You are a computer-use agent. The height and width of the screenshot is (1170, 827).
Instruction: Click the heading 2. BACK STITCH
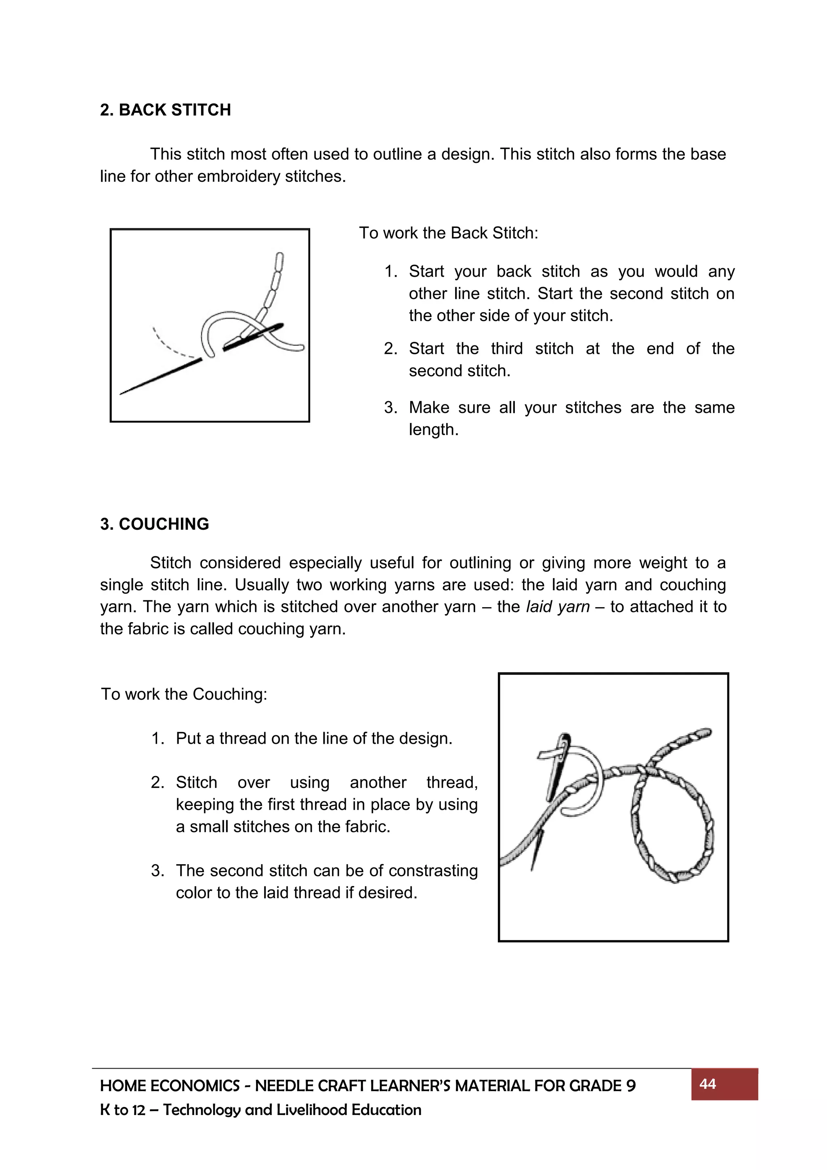(165, 110)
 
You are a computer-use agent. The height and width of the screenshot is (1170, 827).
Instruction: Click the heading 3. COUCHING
(154, 524)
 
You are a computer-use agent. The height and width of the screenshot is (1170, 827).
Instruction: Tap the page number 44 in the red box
(707, 1084)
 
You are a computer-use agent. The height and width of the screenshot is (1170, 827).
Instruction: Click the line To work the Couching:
(184, 694)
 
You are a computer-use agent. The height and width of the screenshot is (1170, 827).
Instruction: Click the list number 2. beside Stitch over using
(157, 782)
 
